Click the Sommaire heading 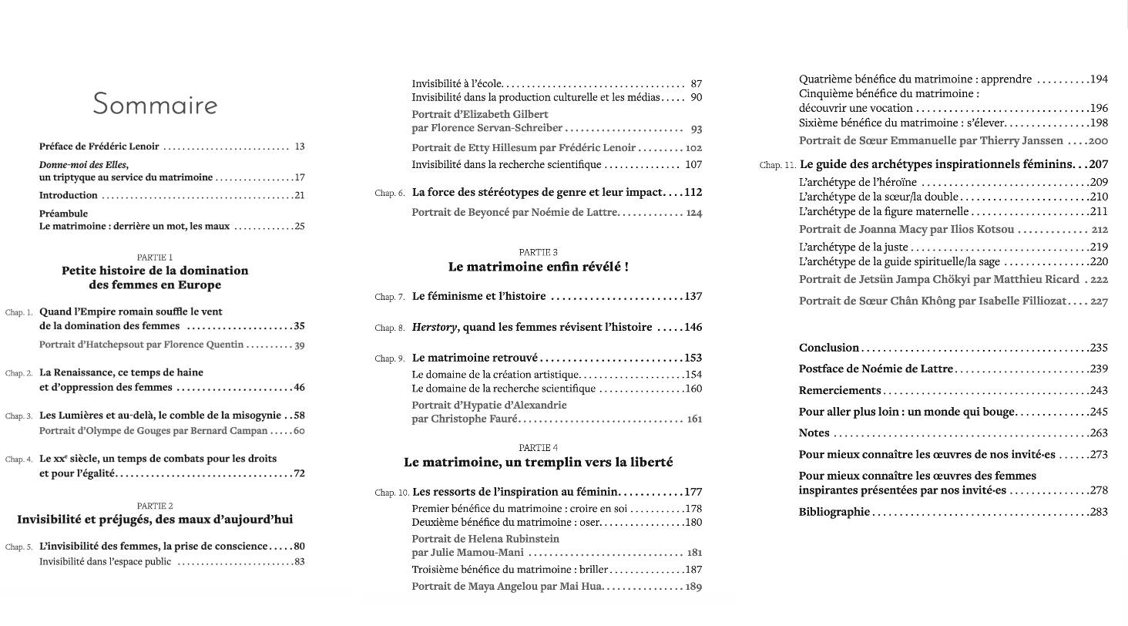tap(155, 104)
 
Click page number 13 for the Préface tap(300, 146)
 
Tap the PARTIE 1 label tap(155, 257)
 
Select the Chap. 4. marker tap(19, 459)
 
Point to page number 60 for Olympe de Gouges tap(298, 431)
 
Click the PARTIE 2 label tap(155, 506)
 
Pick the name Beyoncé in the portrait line tap(492, 213)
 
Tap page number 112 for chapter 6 tap(693, 193)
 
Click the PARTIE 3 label tap(538, 252)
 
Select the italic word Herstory tap(435, 327)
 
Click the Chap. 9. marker tap(390, 359)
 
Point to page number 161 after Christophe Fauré tap(693, 419)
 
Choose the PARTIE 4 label tap(538, 448)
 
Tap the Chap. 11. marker tap(777, 165)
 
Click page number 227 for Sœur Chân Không tap(1099, 301)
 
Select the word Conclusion tap(829, 348)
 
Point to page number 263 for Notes tap(1098, 433)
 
